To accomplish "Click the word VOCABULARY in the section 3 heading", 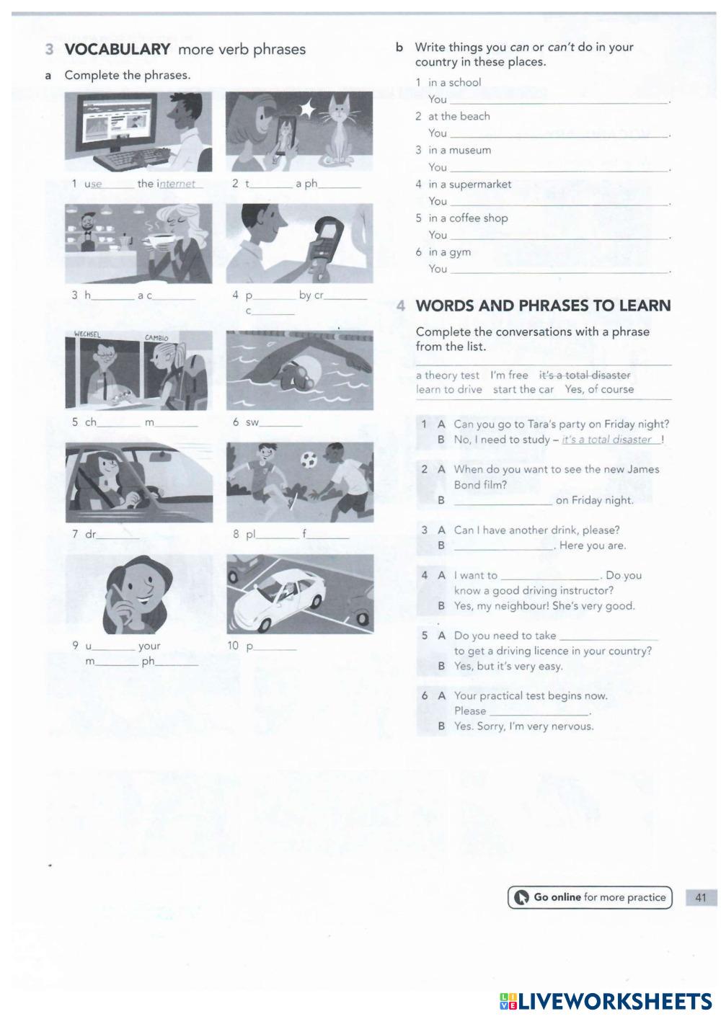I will coord(117,49).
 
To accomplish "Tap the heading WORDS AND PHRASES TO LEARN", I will coord(543,306).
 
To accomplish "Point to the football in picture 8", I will coord(309,458).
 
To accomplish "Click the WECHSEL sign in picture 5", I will coord(87,334).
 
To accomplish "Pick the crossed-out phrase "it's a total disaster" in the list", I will coord(584,375).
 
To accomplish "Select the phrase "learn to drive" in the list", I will coord(448,389).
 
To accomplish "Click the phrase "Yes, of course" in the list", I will coord(599,389).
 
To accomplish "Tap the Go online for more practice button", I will coord(589,897).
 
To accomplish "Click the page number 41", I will coord(700,897).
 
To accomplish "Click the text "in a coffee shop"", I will coord(468,218).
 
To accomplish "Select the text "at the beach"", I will coord(459,116).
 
